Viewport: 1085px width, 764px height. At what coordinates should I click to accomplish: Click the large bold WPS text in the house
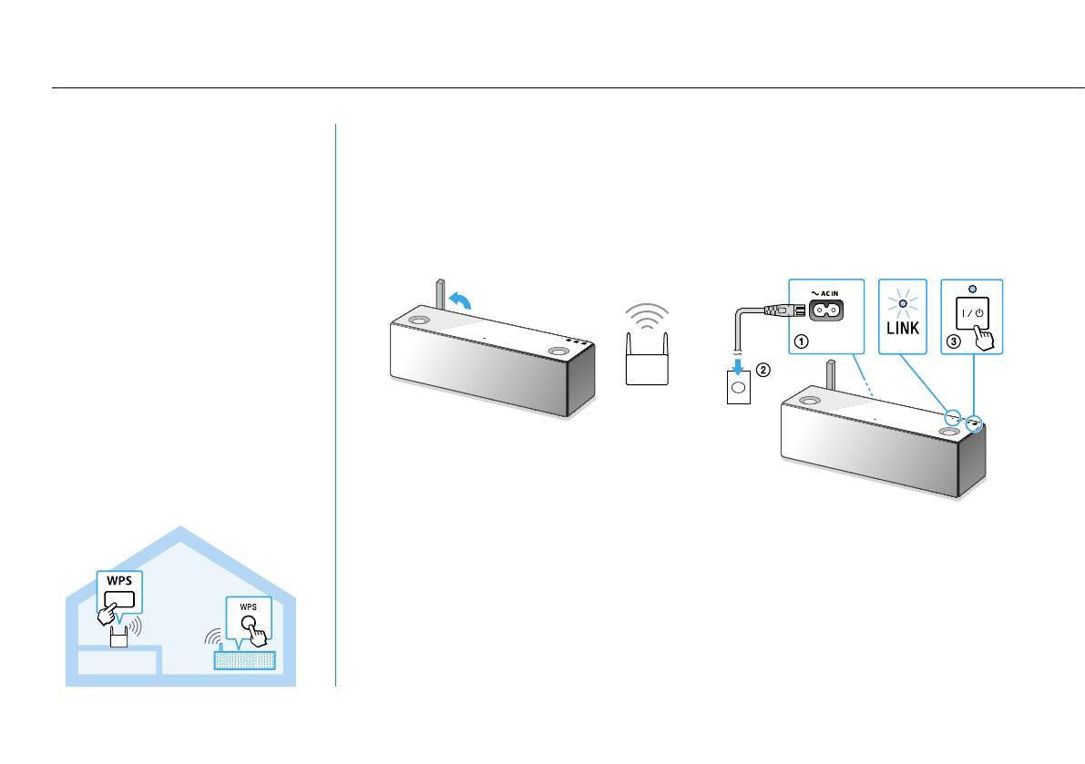point(119,580)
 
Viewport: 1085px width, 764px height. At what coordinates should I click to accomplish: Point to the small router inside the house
point(118,637)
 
